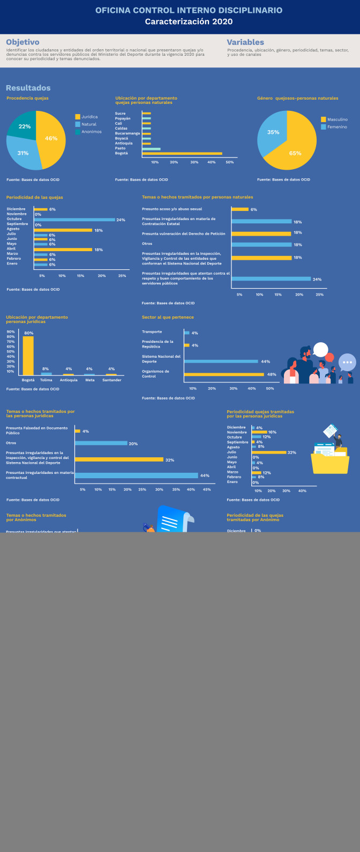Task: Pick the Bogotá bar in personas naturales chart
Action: [182, 154]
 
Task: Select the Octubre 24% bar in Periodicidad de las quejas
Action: [74, 220]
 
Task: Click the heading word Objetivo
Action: [22, 42]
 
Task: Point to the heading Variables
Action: [245, 42]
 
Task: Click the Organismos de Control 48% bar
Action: [224, 374]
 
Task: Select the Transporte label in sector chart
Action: [152, 332]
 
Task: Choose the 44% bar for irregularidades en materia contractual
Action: [136, 476]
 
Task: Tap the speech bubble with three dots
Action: [347, 363]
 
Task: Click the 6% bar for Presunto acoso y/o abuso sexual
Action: [240, 209]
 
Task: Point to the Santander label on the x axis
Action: [112, 380]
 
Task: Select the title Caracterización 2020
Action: [189, 21]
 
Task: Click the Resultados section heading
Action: [28, 88]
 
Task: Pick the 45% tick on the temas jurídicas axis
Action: [206, 489]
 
